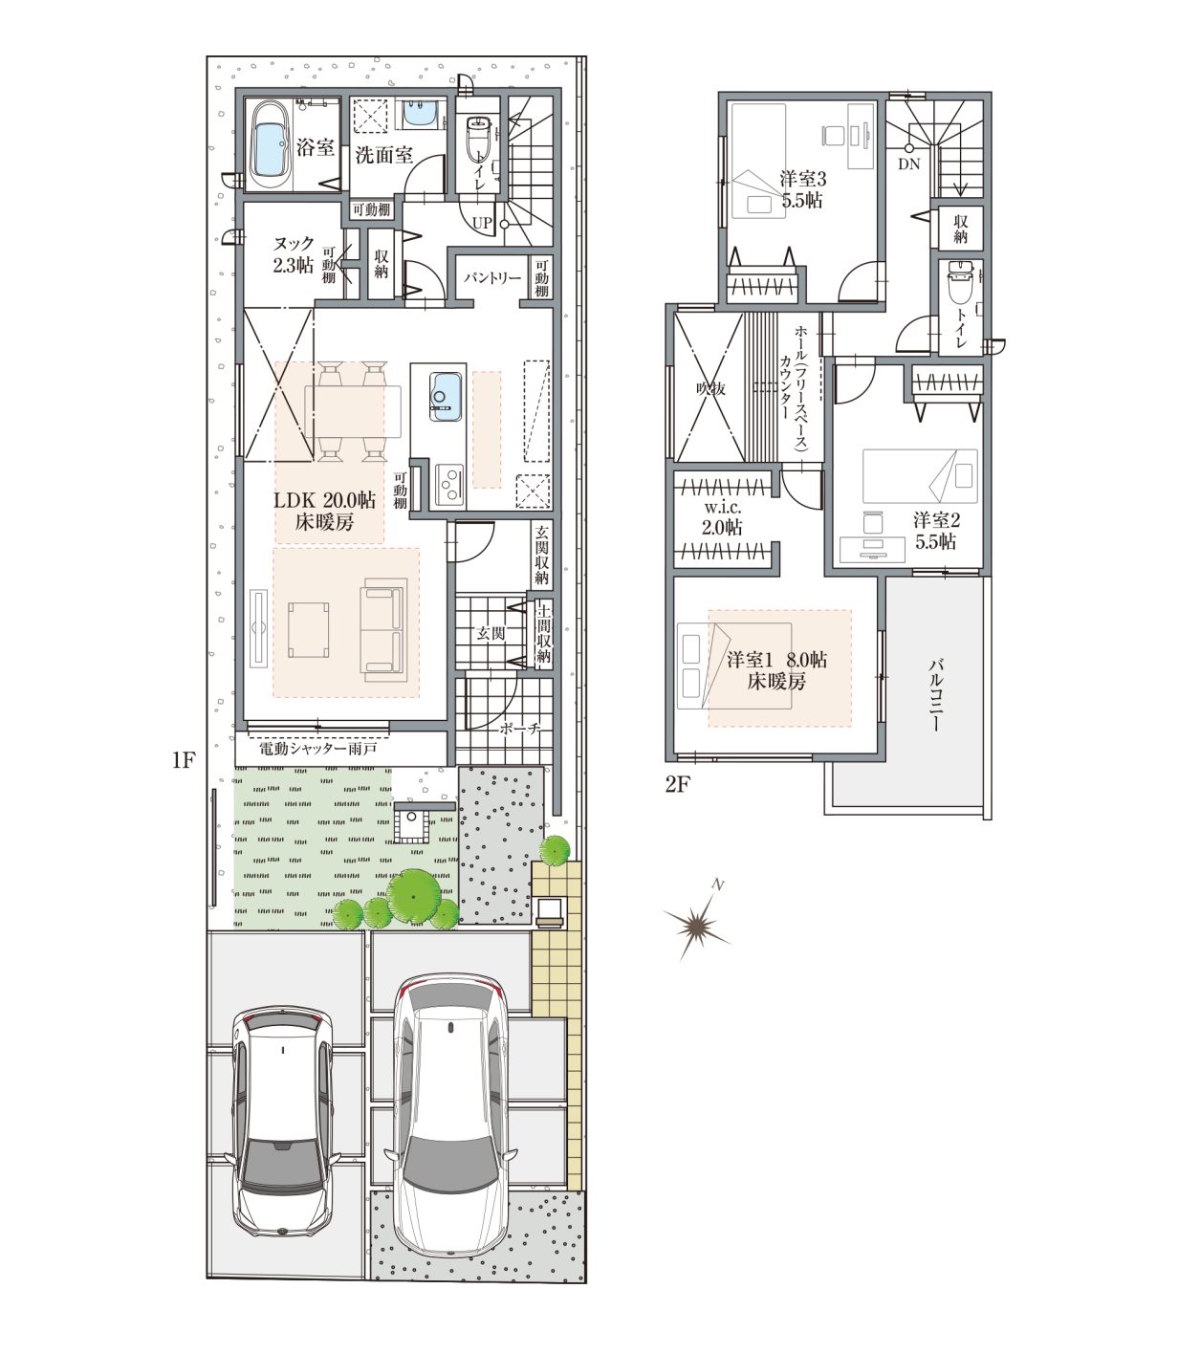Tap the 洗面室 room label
[383, 156]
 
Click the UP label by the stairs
[482, 223]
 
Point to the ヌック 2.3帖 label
[294, 254]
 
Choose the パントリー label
[492, 277]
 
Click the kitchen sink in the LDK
[445, 396]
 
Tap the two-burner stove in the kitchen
[448, 485]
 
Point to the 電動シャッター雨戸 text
[317, 749]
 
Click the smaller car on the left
[283, 1119]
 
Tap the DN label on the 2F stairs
[908, 164]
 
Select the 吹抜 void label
[710, 387]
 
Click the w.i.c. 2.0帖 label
[721, 518]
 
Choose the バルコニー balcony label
[936, 693]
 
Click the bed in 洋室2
[920, 476]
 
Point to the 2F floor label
[677, 784]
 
